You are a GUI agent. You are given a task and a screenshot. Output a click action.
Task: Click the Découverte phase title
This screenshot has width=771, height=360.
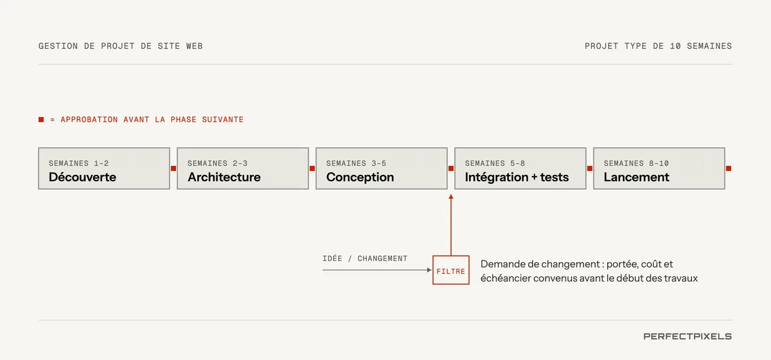pyautogui.click(x=82, y=177)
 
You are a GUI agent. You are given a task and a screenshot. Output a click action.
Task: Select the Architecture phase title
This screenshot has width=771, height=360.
pyautogui.click(x=224, y=177)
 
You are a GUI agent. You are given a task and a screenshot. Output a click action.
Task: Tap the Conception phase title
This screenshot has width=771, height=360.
pyautogui.click(x=360, y=177)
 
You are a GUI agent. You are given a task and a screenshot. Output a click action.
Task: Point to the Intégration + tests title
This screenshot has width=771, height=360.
pyautogui.click(x=517, y=177)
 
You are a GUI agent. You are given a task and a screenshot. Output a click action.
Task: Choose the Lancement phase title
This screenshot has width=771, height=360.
pyautogui.click(x=637, y=177)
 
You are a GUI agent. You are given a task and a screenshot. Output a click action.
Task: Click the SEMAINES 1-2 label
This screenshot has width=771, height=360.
pyautogui.click(x=79, y=163)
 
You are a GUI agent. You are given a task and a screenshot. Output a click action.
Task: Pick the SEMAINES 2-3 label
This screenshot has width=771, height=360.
pyautogui.click(x=218, y=163)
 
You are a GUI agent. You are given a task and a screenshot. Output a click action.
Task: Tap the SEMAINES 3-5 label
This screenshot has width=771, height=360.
pyautogui.click(x=356, y=163)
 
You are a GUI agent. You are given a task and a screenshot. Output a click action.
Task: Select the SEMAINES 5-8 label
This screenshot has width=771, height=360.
pyautogui.click(x=495, y=163)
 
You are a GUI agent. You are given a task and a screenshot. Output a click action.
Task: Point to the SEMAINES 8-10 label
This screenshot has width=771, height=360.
pyautogui.click(x=636, y=163)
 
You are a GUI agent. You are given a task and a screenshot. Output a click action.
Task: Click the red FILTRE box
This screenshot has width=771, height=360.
pyautogui.click(x=451, y=270)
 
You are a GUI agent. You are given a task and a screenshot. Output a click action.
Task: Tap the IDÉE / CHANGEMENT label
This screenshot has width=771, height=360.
pyautogui.click(x=365, y=258)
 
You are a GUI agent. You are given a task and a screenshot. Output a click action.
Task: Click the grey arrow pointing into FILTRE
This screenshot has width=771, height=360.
pyautogui.click(x=377, y=270)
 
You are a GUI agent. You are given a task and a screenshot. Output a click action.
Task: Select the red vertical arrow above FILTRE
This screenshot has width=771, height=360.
pyautogui.click(x=451, y=225)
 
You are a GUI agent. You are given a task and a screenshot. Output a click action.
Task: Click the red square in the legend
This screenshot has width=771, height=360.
pyautogui.click(x=41, y=120)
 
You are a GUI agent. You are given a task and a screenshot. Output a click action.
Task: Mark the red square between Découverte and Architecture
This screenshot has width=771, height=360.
pyautogui.click(x=173, y=168)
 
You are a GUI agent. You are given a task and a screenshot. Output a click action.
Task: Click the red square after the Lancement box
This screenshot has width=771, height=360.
pyautogui.click(x=729, y=168)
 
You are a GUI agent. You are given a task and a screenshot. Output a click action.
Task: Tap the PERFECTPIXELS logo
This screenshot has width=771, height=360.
pyautogui.click(x=687, y=336)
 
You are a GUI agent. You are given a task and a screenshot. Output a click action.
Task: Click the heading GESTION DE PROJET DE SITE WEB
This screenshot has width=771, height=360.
pyautogui.click(x=121, y=46)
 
